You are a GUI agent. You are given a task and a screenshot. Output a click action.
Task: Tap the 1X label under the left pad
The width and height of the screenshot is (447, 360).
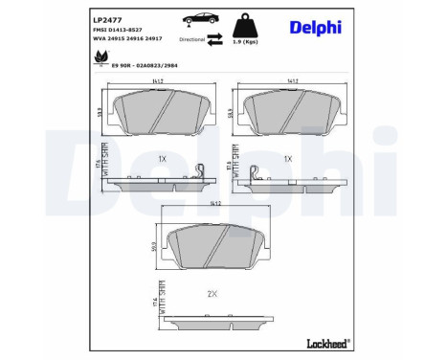[x=163, y=155]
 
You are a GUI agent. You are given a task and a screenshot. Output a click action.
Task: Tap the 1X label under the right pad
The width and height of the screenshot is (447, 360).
[x=287, y=155]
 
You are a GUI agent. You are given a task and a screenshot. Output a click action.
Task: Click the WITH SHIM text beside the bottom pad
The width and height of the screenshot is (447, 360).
[x=162, y=307]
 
